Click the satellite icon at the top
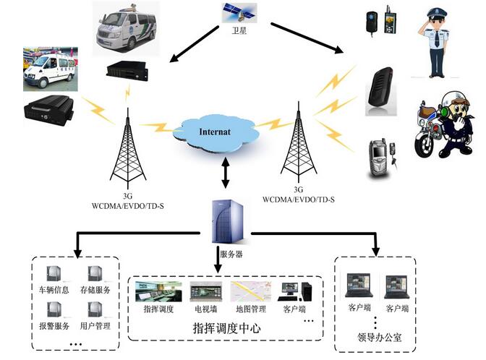click(237, 12)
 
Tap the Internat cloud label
click(216, 132)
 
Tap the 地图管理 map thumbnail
click(249, 291)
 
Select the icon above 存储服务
click(95, 273)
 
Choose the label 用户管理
click(94, 326)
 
